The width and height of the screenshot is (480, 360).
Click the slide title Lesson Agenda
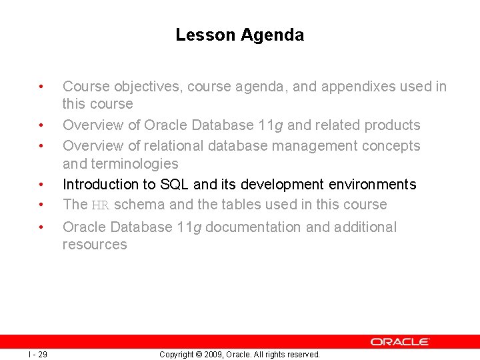[239, 35]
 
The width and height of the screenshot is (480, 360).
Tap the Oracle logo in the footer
[400, 341]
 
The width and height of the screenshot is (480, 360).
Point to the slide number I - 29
[38, 354]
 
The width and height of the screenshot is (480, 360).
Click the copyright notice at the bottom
[239, 354]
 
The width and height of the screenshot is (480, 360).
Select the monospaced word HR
[100, 205]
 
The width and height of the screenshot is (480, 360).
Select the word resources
[95, 245]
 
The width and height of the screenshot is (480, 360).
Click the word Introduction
[99, 185]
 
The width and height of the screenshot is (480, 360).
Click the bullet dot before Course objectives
[41, 87]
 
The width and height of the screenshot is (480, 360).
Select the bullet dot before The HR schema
[41, 205]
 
